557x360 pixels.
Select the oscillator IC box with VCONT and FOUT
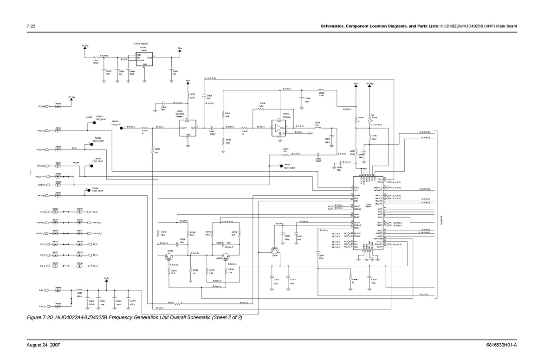click(x=188, y=128)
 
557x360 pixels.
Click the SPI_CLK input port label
click(x=41, y=131)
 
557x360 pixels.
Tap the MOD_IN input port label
click(x=41, y=196)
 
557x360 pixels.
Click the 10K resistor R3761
click(x=152, y=149)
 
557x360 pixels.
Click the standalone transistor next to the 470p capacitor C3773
click(x=275, y=251)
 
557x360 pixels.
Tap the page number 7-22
click(x=31, y=26)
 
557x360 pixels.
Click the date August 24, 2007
click(x=44, y=345)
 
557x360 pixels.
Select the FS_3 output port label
click(x=95, y=212)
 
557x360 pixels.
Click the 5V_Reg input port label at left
click(x=42, y=106)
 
